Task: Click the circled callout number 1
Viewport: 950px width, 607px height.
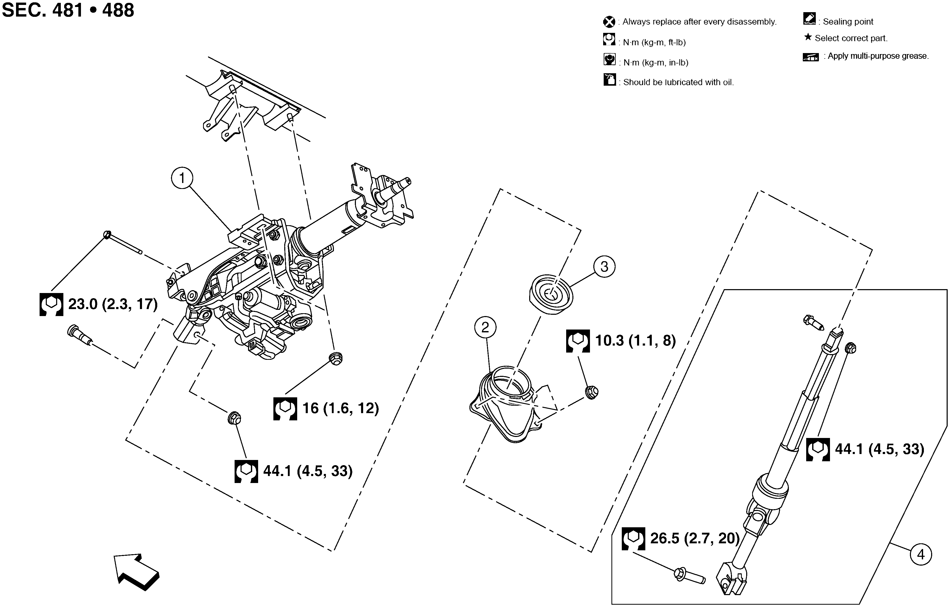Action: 182,178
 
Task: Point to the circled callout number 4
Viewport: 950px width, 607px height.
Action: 921,554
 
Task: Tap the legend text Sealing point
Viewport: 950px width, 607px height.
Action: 848,22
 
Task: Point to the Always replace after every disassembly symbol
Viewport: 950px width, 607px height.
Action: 609,22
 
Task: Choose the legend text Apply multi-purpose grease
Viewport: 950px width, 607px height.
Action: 878,56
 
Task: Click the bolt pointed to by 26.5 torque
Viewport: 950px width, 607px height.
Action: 689,576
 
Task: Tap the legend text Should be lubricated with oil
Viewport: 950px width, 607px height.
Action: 678,82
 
